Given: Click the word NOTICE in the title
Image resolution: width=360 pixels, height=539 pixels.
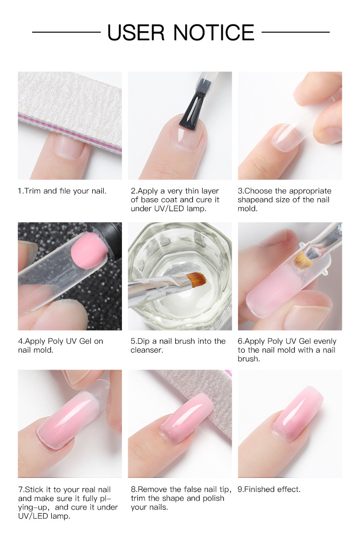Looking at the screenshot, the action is [214, 33].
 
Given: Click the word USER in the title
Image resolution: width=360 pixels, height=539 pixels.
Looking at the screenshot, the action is [136, 33].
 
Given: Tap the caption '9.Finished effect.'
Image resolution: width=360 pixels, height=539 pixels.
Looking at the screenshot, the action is [269, 489].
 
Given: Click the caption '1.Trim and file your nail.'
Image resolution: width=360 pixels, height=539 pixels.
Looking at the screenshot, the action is [62, 191].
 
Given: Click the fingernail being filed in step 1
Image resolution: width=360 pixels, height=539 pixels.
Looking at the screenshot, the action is [69, 147].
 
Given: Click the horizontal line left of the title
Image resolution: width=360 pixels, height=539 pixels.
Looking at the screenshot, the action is [66, 32].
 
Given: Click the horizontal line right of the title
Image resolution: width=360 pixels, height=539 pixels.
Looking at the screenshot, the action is [295, 32].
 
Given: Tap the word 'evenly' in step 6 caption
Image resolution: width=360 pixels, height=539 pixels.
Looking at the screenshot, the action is [325, 341].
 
